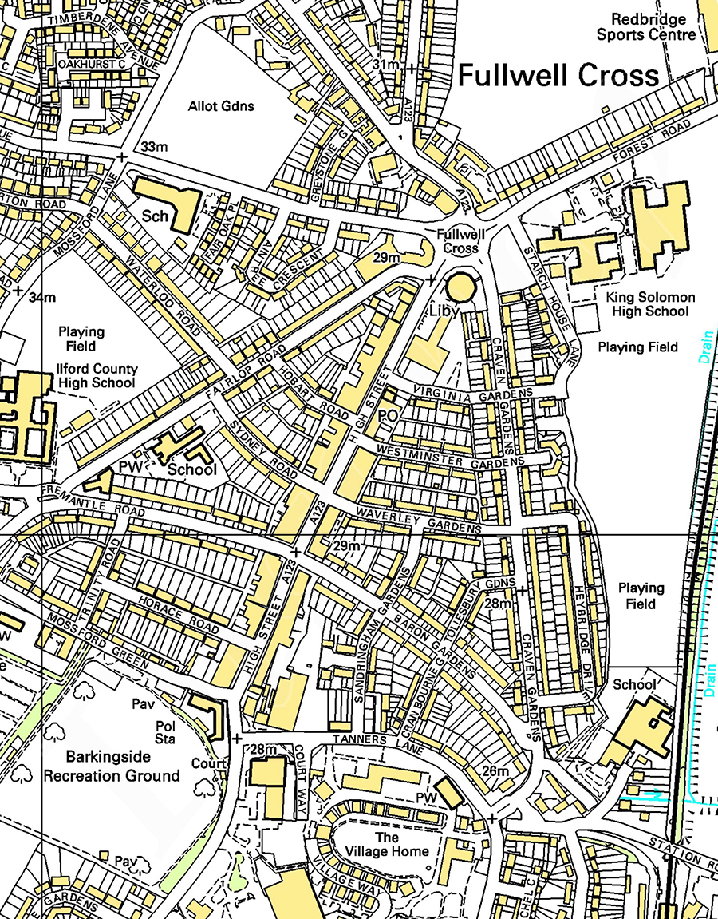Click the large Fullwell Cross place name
tap(558, 76)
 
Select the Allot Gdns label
tap(221, 106)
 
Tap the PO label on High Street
tap(388, 415)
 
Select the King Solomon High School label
tap(650, 303)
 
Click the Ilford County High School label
tap(97, 376)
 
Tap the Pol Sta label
tap(164, 731)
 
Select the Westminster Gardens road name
tap(451, 455)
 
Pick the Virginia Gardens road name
tap(472, 391)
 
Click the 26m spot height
tap(495, 771)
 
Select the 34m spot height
tap(42, 298)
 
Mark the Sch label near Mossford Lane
tap(156, 216)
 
